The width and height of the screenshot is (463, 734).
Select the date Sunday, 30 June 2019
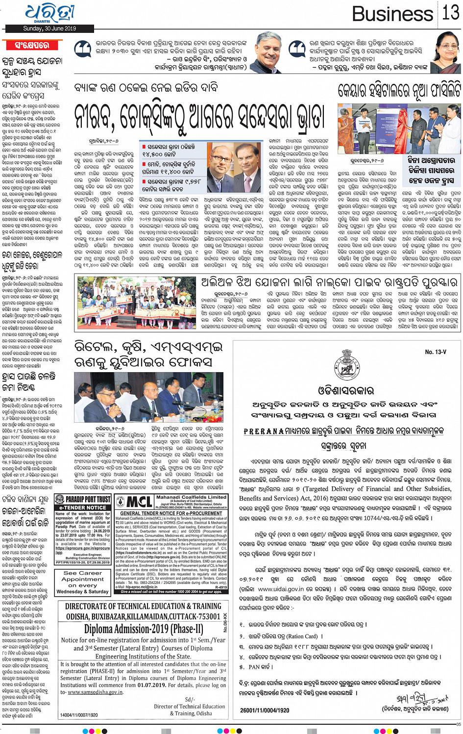49,29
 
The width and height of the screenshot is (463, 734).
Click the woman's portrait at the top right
446,54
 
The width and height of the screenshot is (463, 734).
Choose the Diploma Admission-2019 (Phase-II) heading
143,629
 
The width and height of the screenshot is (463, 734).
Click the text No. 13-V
435,352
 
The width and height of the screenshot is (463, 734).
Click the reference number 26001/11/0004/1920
265,710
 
